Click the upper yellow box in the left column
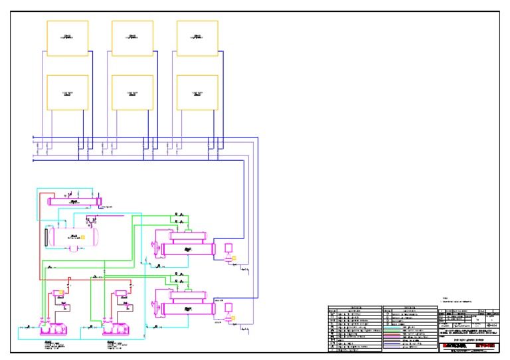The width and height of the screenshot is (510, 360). (67, 39)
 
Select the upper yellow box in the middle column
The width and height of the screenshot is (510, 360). (132, 39)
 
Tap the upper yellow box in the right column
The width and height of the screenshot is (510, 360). (197, 39)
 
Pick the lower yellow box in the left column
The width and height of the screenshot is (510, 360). (67, 93)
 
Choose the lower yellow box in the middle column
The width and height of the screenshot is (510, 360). (132, 93)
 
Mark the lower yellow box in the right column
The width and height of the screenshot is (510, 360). (197, 93)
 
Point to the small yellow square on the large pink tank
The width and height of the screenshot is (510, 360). (83, 236)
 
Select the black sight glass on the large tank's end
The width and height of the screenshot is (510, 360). (45, 236)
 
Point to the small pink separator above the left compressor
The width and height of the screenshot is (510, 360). (56, 292)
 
